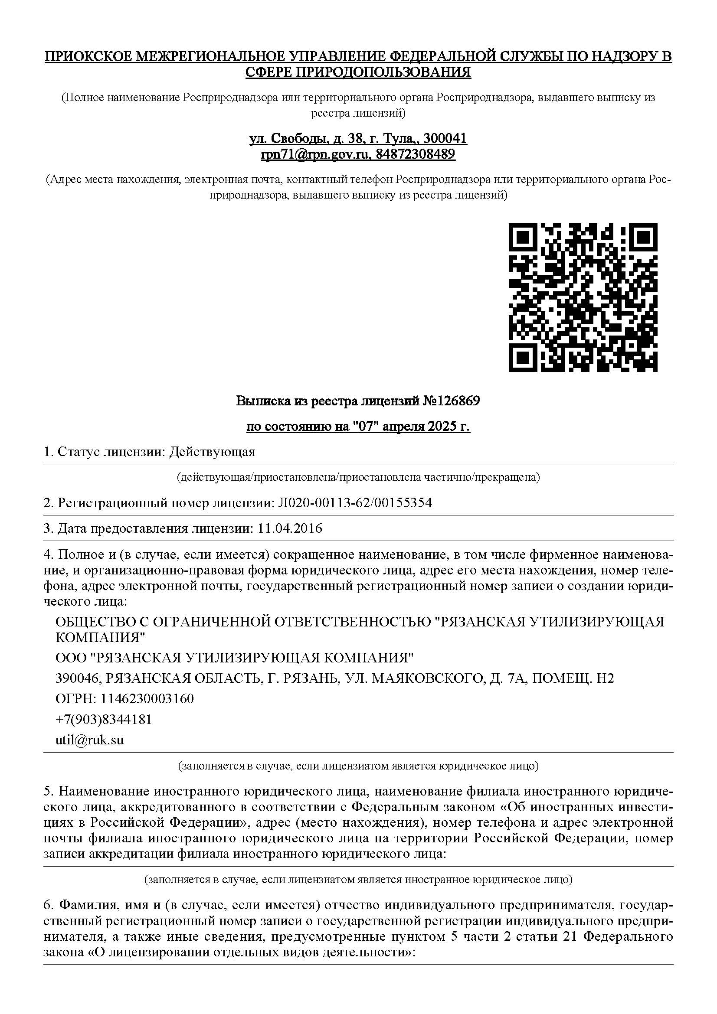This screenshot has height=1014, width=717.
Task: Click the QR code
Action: point(583,297)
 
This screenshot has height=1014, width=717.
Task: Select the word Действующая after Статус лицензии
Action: point(212,452)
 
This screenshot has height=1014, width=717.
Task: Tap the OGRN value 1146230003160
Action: point(147,698)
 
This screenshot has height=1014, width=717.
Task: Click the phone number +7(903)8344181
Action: point(103,719)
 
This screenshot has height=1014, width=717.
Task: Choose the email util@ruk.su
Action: point(89,740)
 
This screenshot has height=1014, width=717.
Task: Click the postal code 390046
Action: point(77,678)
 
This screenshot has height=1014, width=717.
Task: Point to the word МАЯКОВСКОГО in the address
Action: point(427,678)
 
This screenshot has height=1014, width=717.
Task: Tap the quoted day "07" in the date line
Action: point(367,427)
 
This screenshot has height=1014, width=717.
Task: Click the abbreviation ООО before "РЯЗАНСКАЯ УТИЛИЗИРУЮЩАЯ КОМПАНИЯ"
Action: point(71,657)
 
